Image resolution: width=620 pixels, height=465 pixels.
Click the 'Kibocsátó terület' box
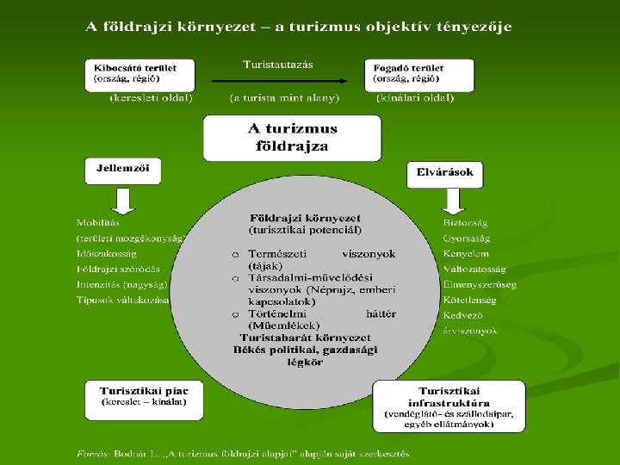tap(139, 75)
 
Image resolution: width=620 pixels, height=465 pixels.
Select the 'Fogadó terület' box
tap(418, 75)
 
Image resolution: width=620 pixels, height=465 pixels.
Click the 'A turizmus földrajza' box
tap(292, 138)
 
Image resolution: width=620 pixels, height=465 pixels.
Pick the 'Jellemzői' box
tap(122, 170)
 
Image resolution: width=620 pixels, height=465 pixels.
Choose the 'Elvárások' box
tap(444, 173)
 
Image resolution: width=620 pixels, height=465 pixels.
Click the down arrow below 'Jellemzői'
tap(122, 201)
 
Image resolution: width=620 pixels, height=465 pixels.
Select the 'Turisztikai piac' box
tap(144, 399)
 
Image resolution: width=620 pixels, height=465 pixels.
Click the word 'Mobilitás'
tap(99, 223)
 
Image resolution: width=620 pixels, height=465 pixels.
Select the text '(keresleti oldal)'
tap(152, 98)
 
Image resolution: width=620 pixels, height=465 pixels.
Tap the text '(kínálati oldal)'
tap(415, 98)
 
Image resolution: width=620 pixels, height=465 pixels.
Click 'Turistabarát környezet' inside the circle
tap(305, 338)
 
